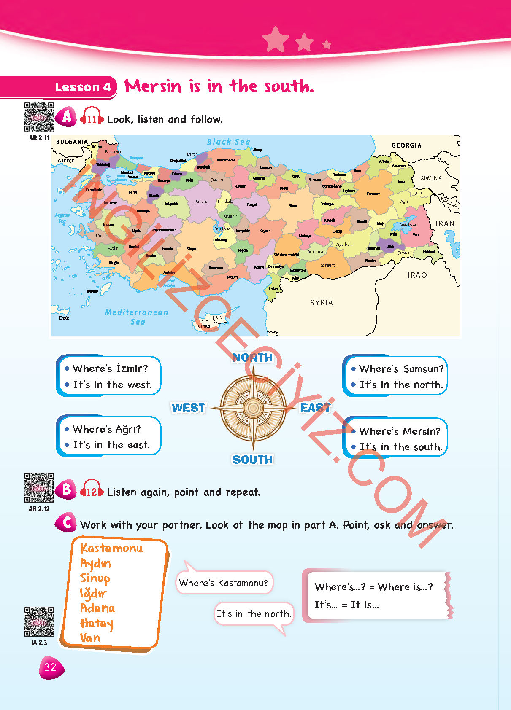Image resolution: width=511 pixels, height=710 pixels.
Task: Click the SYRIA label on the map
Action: point(322,303)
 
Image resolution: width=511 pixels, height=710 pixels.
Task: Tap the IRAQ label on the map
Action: point(417,275)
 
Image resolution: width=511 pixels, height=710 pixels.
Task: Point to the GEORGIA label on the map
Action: point(406,145)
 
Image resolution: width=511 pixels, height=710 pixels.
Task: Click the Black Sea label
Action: point(228,142)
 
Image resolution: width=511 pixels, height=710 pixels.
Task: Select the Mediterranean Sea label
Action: point(137,317)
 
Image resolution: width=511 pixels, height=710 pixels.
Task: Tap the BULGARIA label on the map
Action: point(72,142)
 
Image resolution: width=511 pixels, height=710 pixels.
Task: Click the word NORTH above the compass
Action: point(252,358)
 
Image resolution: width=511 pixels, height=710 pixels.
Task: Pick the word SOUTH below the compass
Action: point(252,460)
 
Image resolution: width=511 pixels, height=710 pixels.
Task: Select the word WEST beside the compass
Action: point(189,408)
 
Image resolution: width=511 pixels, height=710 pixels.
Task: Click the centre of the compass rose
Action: point(253,408)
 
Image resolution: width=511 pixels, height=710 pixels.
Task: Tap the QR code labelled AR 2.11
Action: point(39,117)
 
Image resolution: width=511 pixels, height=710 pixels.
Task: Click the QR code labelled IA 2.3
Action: point(39,621)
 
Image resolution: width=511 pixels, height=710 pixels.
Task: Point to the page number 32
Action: point(51,667)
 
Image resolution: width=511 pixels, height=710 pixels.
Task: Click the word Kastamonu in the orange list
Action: point(112,548)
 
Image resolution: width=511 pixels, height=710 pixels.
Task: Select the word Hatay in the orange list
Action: point(97,623)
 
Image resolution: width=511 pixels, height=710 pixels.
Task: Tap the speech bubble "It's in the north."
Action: point(254,614)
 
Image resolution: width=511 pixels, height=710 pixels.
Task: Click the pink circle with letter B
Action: point(66,489)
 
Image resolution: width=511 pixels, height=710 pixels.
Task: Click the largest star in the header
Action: point(276,39)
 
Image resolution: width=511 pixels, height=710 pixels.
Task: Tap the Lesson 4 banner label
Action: point(83,87)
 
